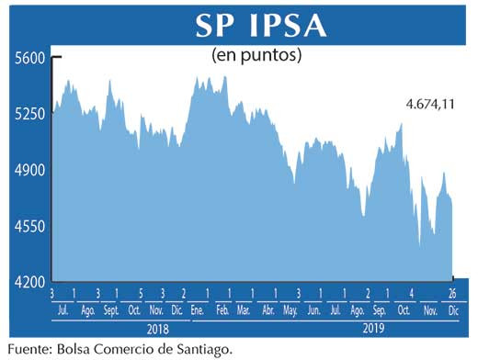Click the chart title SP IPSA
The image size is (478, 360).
pyautogui.click(x=260, y=25)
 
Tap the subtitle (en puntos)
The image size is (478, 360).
pyautogui.click(x=257, y=55)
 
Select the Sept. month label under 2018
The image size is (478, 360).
pyautogui.click(x=111, y=309)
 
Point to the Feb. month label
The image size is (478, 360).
pyautogui.click(x=222, y=309)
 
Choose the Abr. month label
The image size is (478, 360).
pyautogui.click(x=268, y=309)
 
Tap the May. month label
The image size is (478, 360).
pyautogui.click(x=292, y=309)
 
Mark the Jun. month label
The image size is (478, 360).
pyautogui.click(x=314, y=309)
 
